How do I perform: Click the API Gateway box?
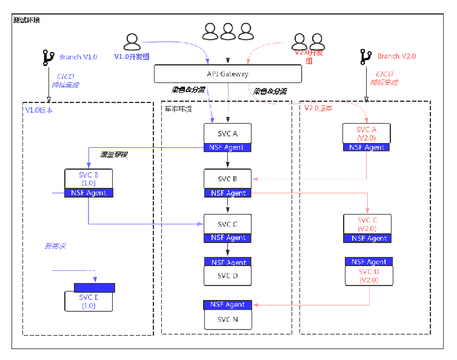[x=227, y=74]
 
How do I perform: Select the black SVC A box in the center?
[x=227, y=133]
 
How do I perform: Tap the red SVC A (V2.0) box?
[x=367, y=133]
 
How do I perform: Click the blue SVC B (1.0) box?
[x=88, y=179]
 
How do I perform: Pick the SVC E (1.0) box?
[x=88, y=301]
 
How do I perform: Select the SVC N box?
[x=227, y=319]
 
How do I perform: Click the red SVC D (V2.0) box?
[x=369, y=276]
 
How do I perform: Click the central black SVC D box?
[x=227, y=276]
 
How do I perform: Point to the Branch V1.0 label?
[x=78, y=57]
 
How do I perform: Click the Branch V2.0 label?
[x=396, y=56]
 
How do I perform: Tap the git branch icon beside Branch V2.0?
[x=365, y=57]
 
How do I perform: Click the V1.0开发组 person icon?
[x=132, y=42]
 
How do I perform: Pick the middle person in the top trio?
[x=227, y=31]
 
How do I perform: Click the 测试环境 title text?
[x=27, y=20]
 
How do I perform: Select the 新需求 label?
[x=55, y=247]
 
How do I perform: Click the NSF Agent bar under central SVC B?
[x=227, y=193]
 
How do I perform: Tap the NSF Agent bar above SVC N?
[x=227, y=304]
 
